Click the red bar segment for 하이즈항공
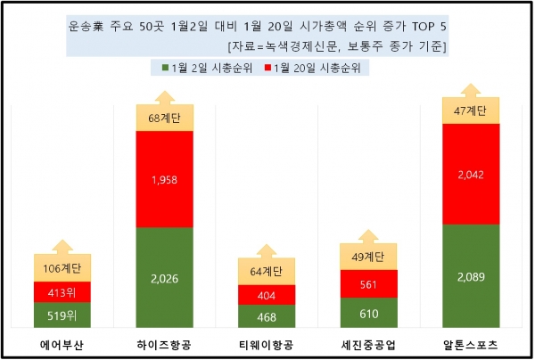[x=170, y=179]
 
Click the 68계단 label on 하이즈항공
[x=170, y=117]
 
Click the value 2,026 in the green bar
[x=170, y=278]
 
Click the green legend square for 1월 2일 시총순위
[x=166, y=66]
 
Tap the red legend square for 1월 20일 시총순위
[x=266, y=66]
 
